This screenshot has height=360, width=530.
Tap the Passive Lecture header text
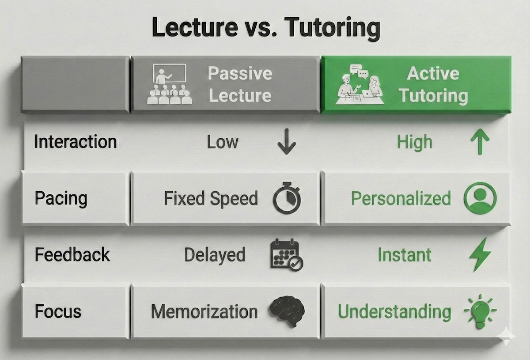point(240,84)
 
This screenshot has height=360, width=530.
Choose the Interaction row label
point(76,142)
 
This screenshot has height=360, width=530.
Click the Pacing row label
point(61,198)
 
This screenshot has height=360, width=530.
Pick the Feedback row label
point(72,255)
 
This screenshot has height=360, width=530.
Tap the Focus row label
point(58,311)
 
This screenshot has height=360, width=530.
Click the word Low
point(223,142)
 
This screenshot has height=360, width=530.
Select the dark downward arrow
point(286,142)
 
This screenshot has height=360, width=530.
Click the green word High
point(414,143)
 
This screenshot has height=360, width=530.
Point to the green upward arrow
point(480,142)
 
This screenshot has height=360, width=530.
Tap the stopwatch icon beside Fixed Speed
point(286,198)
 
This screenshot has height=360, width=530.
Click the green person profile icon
point(480,198)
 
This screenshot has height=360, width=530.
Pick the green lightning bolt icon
point(480,254)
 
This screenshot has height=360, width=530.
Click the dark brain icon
point(287,311)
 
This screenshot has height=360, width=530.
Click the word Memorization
point(204,311)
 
